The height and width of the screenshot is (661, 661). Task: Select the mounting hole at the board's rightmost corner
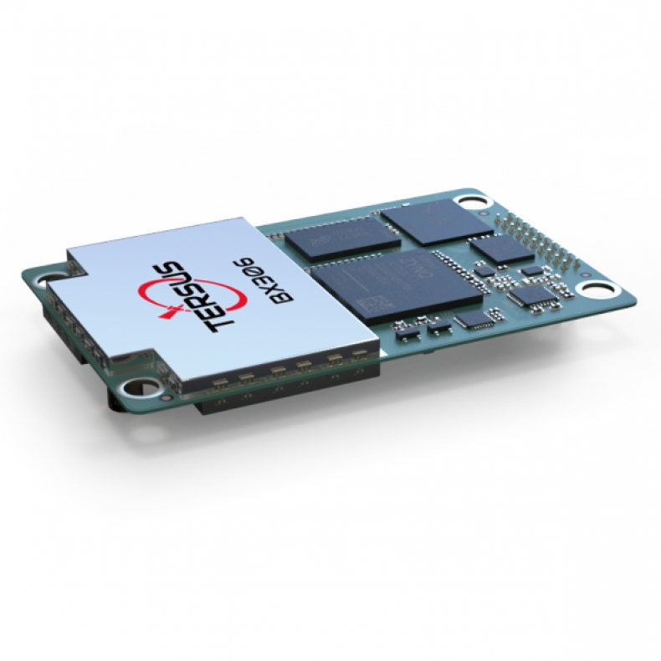point(600,290)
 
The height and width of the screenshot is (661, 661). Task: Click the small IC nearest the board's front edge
point(475,320)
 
